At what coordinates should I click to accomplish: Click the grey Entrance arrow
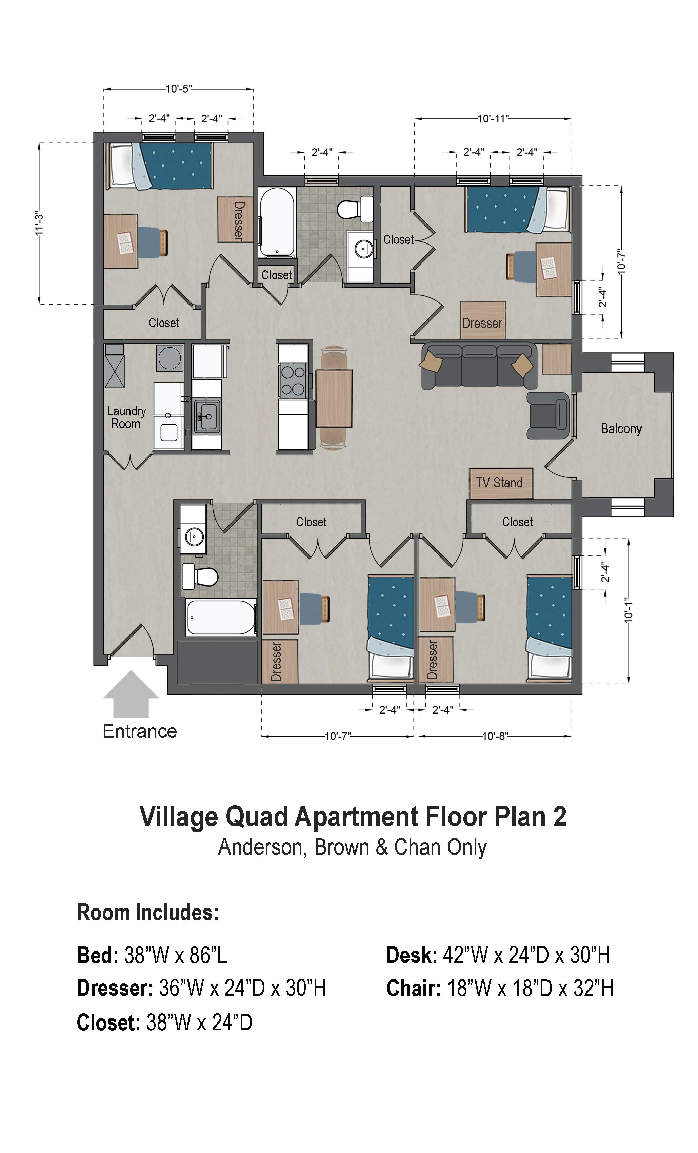131,695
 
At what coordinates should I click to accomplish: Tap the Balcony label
621,429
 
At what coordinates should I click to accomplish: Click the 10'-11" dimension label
493,119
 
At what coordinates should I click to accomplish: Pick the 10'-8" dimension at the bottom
495,736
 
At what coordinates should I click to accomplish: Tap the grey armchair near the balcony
548,415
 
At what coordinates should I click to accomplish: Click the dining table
334,398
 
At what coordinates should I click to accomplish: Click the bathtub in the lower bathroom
221,617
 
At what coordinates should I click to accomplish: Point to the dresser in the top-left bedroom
236,219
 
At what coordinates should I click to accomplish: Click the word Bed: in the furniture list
98,956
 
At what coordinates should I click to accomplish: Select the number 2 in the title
560,817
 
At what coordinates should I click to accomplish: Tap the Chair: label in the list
414,988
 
